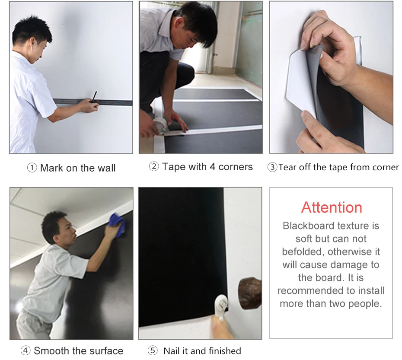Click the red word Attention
point(332,207)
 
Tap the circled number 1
point(32,168)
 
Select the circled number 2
point(154,166)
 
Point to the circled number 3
point(272,167)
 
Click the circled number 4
point(26,350)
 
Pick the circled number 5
point(153,350)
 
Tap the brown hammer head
point(250,293)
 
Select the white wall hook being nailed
point(221,306)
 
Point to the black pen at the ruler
point(94,97)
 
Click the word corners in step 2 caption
point(236,167)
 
